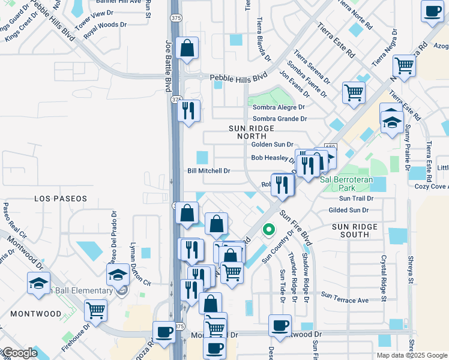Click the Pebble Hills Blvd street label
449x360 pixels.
click(x=238, y=77)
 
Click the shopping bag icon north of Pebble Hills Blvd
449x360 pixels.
click(x=187, y=49)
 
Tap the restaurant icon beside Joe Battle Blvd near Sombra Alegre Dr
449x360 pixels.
click(x=189, y=110)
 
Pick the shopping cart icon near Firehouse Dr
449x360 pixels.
click(x=95, y=310)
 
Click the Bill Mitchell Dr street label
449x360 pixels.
click(x=209, y=171)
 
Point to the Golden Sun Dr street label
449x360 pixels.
click(x=272, y=145)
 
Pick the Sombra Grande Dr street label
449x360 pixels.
click(x=279, y=119)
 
